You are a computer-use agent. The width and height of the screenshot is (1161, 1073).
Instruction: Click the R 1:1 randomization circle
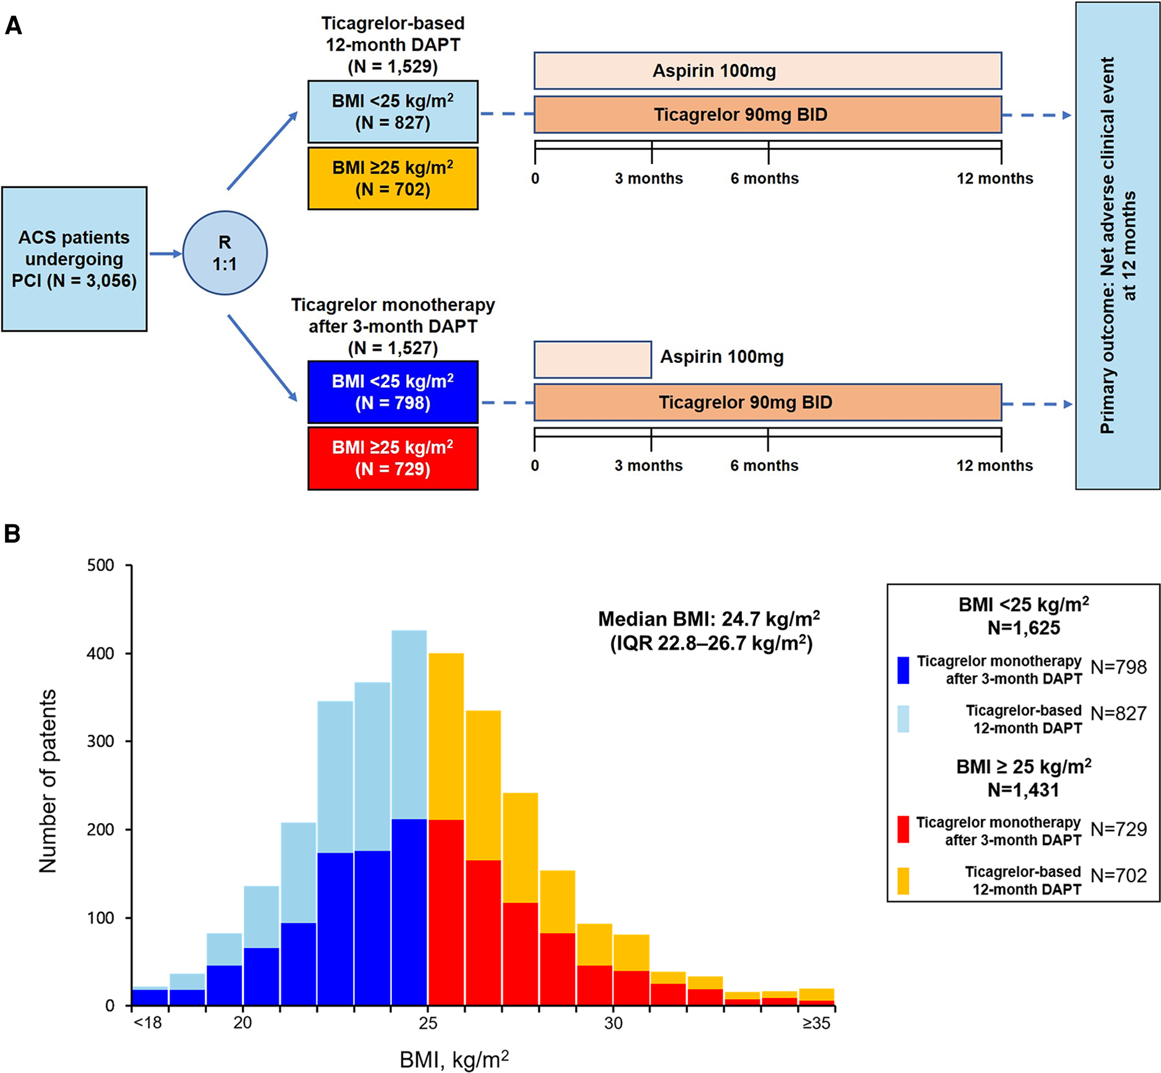(225, 253)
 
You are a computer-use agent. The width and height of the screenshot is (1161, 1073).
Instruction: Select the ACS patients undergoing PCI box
(74, 259)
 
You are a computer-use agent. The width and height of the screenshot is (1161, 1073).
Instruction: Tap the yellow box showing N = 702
(393, 178)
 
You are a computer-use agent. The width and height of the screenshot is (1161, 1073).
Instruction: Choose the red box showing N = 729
(393, 458)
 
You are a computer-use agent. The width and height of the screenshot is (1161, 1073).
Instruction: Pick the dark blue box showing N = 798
(393, 392)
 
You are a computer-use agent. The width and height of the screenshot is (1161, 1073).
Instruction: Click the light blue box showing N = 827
(393, 112)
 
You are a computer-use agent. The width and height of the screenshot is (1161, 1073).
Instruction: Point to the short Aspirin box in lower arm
(593, 359)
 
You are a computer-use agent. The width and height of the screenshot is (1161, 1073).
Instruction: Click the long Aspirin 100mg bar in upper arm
(767, 71)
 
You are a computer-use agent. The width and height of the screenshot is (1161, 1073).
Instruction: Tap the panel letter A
(13, 26)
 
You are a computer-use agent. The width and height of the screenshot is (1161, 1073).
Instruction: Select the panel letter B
(12, 533)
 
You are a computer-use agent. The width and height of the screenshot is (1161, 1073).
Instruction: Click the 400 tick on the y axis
(101, 653)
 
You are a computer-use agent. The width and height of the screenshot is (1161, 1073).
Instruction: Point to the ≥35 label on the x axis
(816, 1023)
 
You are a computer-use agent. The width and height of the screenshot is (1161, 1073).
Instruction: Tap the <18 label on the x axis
(147, 1023)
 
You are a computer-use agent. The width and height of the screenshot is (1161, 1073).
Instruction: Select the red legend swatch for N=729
(903, 830)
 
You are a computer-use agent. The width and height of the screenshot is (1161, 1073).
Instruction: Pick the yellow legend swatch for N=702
(903, 881)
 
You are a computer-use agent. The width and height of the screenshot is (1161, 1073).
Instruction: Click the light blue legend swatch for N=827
(903, 719)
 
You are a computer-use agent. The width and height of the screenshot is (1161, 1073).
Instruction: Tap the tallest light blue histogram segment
(409, 724)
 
